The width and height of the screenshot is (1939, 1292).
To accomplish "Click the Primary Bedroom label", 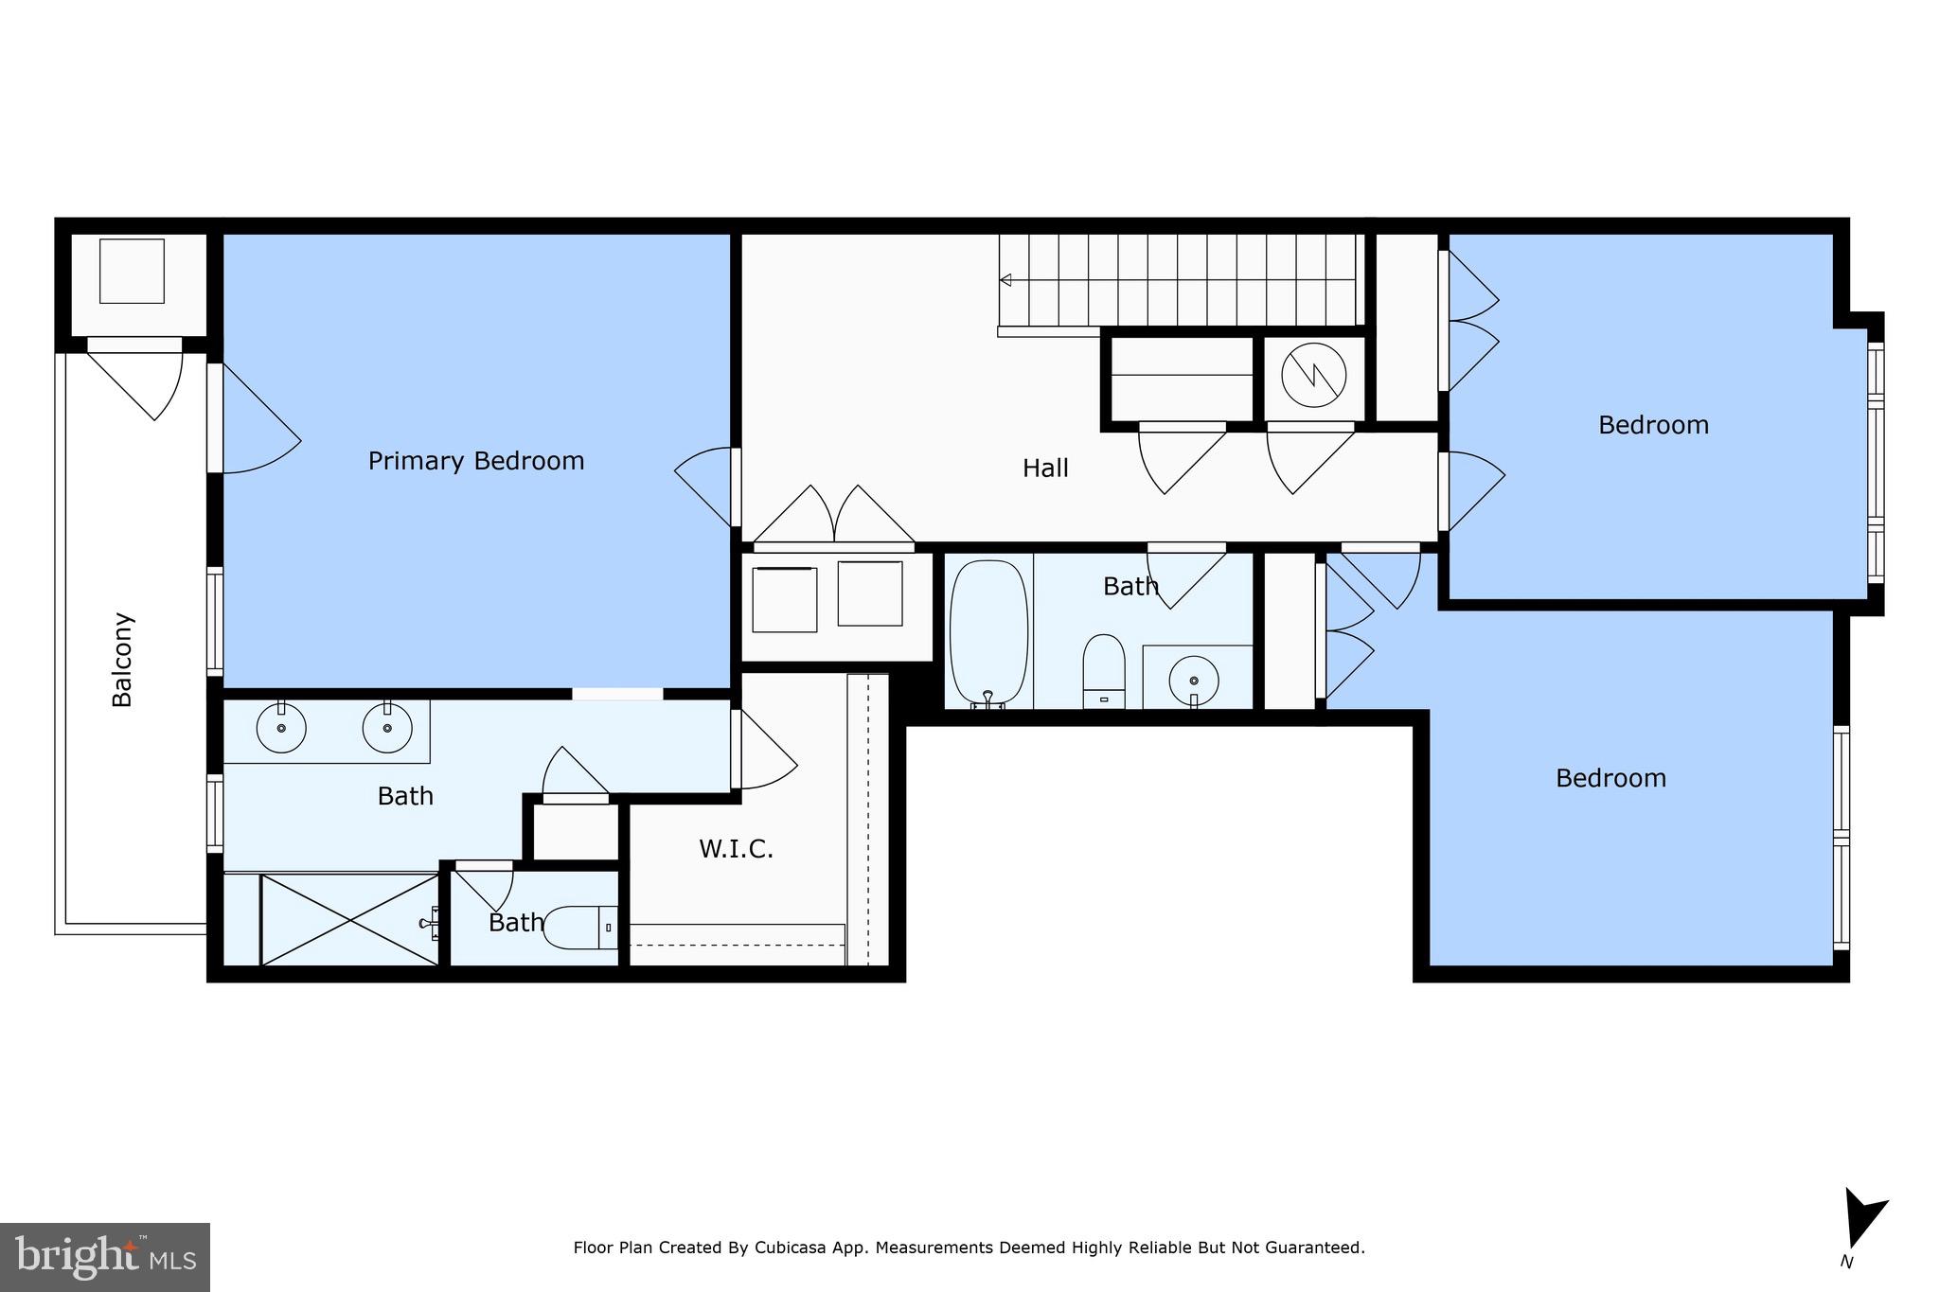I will (475, 461).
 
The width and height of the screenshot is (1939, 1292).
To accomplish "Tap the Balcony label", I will (122, 660).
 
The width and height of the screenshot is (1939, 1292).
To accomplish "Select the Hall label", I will (1045, 468).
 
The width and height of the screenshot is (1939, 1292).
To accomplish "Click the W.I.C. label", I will (736, 849).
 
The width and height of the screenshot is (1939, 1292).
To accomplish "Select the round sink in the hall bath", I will (1193, 680).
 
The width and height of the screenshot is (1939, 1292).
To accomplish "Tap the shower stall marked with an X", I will (350, 920).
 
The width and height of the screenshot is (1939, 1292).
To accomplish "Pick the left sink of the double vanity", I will (281, 729).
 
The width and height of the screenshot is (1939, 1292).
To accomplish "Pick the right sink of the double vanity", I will (387, 729).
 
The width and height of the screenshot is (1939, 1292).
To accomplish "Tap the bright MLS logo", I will (105, 1257).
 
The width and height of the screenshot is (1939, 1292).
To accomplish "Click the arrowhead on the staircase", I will (1005, 279).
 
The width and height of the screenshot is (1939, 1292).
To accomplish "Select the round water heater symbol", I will (1314, 374).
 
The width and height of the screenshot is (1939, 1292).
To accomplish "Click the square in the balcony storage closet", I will (132, 271).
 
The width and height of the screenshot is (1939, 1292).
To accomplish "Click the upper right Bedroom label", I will (1653, 425).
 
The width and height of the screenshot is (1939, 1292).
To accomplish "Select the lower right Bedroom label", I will (1610, 778).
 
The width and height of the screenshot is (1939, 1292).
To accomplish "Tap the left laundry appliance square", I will (784, 599).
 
